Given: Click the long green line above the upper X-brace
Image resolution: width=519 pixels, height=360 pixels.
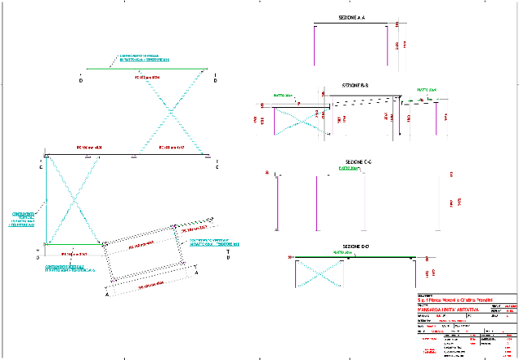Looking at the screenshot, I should coord(146,69).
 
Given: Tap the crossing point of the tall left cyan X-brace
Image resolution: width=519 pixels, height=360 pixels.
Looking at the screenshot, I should coord(73,198).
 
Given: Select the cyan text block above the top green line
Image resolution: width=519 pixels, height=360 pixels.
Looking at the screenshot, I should coord(145,58).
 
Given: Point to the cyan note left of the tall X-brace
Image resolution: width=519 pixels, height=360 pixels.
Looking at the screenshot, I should coord(23,219).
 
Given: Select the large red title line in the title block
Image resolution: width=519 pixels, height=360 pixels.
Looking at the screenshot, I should coord(454,301).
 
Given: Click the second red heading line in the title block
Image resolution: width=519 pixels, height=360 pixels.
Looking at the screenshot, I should coord(448,310).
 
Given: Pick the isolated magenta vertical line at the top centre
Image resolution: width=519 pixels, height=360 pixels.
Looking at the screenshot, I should coord(314,45).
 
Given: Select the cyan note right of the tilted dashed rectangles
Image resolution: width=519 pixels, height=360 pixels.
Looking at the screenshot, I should coord(214,242).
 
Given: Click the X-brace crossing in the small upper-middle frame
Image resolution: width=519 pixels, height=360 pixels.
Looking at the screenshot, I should coord(302,122).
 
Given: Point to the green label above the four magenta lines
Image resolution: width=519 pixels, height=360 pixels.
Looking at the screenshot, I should coord(348,169).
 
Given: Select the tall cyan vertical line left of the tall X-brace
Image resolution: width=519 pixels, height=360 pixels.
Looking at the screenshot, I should coord(46,199).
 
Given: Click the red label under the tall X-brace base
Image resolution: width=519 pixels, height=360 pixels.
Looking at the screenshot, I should coord(75,255).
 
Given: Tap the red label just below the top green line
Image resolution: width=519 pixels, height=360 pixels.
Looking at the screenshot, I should coord(147,78).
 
